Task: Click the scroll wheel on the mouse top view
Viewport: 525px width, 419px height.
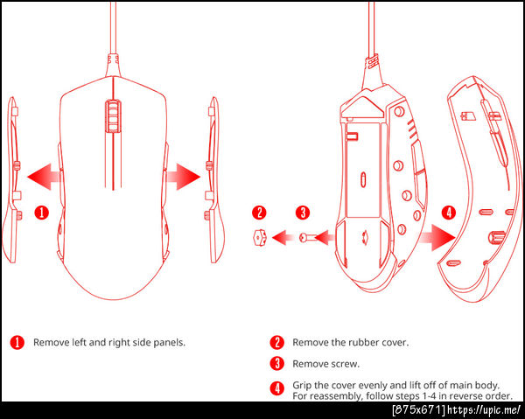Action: pos(113,115)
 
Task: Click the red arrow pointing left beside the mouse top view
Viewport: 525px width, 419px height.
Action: pos(45,177)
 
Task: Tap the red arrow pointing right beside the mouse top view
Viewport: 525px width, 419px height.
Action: pos(183,177)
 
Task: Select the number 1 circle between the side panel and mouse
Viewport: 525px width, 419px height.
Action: pos(42,213)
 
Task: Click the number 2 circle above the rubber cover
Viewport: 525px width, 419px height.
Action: pos(259,213)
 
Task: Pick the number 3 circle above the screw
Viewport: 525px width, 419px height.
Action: pos(303,213)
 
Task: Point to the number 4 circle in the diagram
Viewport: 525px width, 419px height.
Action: pos(449,213)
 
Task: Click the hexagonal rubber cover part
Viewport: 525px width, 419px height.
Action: pos(260,238)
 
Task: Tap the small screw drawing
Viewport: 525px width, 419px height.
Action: pos(307,238)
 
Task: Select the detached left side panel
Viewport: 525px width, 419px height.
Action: pos(12,179)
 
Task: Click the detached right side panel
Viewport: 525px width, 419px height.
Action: pos(214,179)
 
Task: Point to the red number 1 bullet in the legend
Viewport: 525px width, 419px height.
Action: pos(17,343)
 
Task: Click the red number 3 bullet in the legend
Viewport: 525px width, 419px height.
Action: pos(276,364)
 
